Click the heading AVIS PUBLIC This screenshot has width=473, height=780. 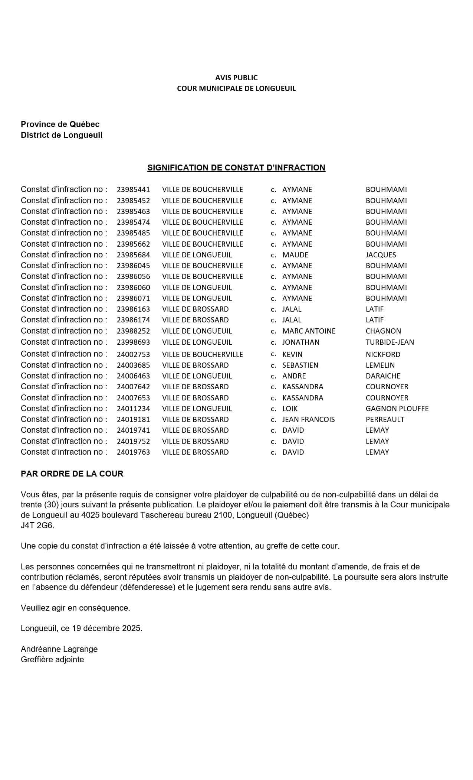[236, 78]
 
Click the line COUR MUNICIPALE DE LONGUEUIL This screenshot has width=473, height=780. [236, 88]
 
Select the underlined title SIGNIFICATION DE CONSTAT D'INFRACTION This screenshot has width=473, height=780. [236, 168]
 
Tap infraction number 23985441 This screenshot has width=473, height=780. [133, 189]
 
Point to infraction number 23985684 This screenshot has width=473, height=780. [133, 255]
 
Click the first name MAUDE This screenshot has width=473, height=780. [295, 255]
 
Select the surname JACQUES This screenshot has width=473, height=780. [381, 255]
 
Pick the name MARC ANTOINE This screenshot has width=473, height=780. [309, 331]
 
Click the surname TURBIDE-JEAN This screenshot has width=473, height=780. [390, 342]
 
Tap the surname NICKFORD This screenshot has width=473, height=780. [383, 354]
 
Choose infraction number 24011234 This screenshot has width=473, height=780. [133, 409]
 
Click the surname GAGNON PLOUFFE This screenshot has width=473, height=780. [397, 409]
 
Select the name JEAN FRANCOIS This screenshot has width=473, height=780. [308, 419]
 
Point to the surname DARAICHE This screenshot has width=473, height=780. [383, 376]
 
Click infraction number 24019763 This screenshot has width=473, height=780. [133, 452]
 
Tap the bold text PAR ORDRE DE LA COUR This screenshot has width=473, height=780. [72, 474]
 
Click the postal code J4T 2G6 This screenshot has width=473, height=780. [37, 526]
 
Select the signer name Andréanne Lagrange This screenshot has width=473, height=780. [59, 649]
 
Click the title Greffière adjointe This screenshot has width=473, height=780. [52, 659]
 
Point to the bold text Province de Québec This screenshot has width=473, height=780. [60, 124]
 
